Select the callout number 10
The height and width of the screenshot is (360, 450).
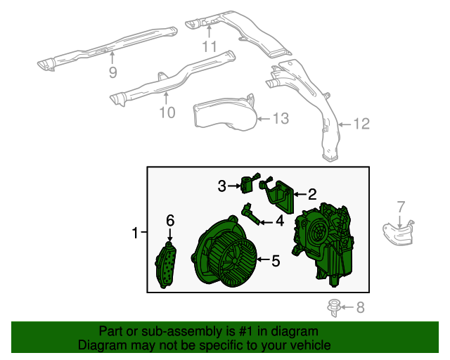(x=167, y=112)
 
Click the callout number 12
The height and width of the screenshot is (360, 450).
(x=361, y=124)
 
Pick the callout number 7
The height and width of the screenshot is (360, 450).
(x=401, y=207)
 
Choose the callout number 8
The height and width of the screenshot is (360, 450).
(x=360, y=307)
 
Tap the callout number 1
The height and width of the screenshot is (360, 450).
(x=136, y=232)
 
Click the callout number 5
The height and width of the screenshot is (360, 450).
(x=276, y=261)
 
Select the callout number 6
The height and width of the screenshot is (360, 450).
(x=169, y=220)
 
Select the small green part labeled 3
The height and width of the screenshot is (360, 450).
(x=247, y=185)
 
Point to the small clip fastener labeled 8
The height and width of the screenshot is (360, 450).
(x=335, y=307)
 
